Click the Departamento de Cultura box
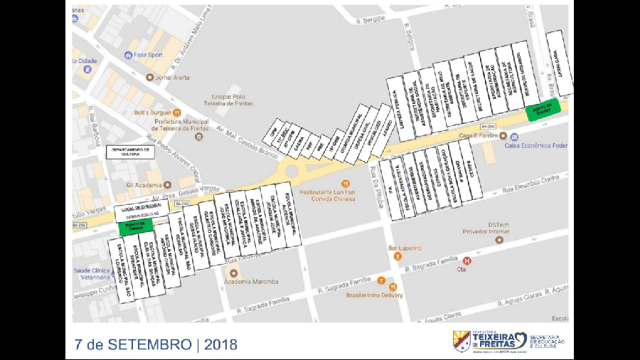click(x=129, y=152)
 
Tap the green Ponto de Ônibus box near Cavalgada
click(x=543, y=108)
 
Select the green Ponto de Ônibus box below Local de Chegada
click(x=134, y=226)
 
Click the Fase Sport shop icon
click(x=128, y=55)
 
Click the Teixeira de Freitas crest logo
click(x=462, y=341)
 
